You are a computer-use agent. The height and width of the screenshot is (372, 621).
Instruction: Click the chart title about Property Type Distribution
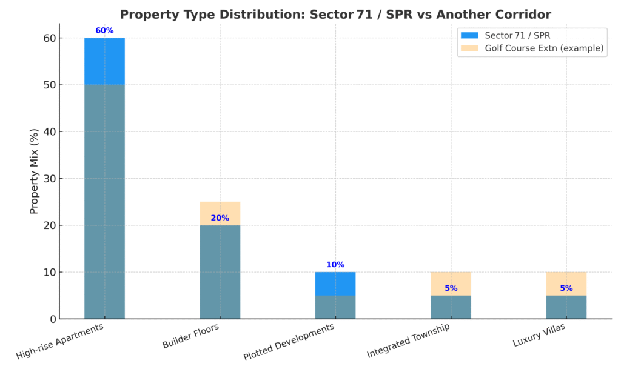click(335, 14)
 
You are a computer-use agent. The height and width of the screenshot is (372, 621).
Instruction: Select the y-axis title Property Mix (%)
click(35, 171)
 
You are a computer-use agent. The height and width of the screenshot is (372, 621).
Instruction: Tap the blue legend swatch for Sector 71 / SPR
click(469, 35)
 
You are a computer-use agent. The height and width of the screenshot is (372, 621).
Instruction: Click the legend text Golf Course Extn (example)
click(544, 48)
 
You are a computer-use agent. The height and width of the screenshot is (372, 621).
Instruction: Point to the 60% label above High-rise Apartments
click(104, 30)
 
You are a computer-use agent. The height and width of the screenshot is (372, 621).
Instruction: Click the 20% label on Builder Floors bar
click(220, 218)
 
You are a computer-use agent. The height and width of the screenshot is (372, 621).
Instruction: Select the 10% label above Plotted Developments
click(335, 265)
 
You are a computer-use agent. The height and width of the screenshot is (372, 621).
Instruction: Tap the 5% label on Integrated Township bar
click(451, 288)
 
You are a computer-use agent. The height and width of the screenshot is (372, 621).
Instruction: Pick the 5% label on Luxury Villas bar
click(566, 288)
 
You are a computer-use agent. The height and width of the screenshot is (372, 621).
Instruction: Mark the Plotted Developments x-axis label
click(289, 342)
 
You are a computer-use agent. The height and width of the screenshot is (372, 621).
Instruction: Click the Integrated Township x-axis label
click(409, 340)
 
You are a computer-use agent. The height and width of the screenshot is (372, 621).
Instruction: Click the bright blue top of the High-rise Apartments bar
click(104, 61)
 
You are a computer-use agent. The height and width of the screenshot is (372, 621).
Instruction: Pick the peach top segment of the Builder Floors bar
click(220, 209)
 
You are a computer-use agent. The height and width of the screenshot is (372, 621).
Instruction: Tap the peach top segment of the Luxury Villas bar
click(566, 279)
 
